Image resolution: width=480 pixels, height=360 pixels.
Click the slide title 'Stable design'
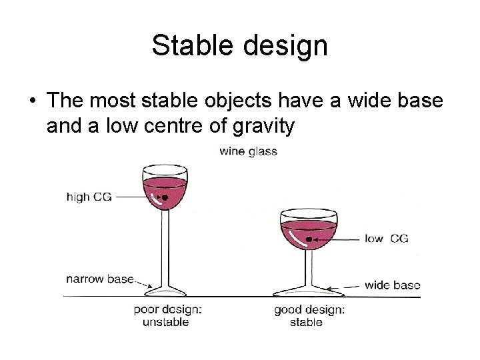[239, 46]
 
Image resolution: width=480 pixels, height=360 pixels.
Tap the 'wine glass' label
[248, 151]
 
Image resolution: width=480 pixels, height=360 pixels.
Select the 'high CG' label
[89, 197]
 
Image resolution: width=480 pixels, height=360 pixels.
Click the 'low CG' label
[387, 238]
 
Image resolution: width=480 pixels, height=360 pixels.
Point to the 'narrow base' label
[99, 279]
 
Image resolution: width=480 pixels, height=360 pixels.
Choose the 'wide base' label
[392, 285]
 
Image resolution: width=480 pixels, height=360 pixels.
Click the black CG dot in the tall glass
[165, 197]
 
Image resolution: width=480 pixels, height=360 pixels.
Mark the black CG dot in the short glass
[309, 239]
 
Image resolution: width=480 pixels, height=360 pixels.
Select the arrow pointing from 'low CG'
[336, 239]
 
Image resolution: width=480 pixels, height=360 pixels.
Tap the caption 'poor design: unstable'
[167, 316]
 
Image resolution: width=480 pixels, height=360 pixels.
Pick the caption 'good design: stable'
[309, 316]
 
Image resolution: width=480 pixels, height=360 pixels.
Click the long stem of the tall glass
[165, 247]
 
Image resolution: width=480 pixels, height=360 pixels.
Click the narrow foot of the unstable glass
[165, 291]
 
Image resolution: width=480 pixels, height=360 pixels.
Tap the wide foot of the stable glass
[309, 291]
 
